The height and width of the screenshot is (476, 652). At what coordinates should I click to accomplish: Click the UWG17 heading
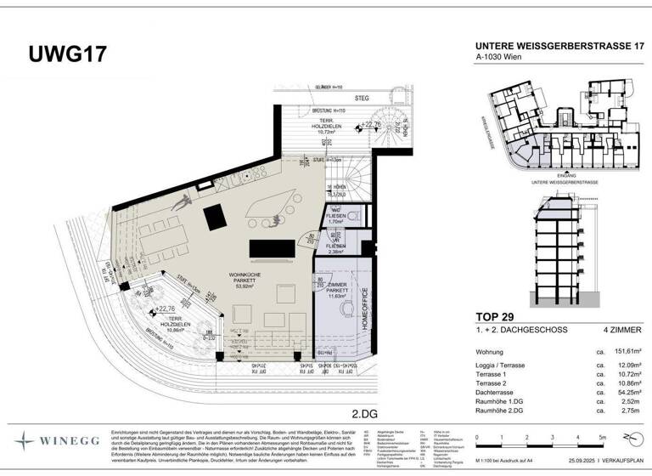tap(67, 54)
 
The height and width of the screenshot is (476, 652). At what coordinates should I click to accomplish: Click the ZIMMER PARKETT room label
tap(334, 288)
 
